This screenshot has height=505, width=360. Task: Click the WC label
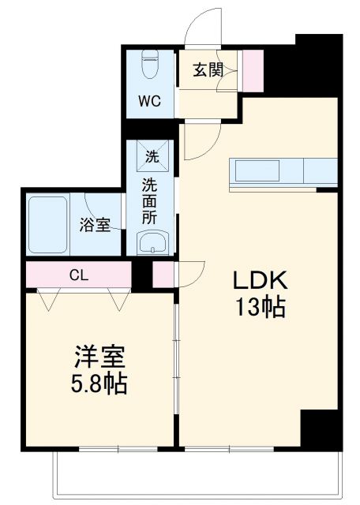[x=152, y=101]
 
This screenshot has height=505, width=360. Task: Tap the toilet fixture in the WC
[x=151, y=64]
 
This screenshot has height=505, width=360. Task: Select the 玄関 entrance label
[x=208, y=70]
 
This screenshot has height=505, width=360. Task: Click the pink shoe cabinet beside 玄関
[x=253, y=69]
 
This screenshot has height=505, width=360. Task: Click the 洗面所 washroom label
[x=150, y=200]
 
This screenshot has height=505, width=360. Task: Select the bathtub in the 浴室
[x=48, y=224]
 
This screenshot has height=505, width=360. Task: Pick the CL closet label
[x=78, y=275]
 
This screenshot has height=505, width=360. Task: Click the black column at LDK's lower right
[x=321, y=429]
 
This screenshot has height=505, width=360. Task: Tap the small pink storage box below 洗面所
[x=163, y=275]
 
